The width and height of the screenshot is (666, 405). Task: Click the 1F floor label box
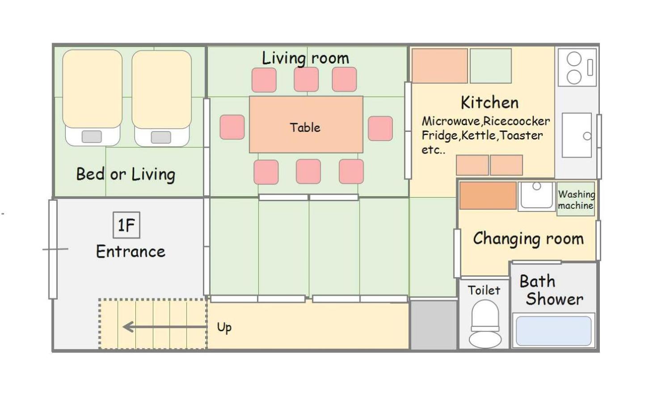(x=126, y=225)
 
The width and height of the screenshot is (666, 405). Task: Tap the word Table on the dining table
(x=305, y=127)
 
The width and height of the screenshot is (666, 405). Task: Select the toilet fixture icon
(x=485, y=324)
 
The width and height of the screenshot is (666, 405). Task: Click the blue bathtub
(x=554, y=331)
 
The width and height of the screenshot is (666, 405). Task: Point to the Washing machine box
(x=576, y=199)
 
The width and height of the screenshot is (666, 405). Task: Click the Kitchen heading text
(x=490, y=102)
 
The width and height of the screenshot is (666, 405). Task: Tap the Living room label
(x=305, y=58)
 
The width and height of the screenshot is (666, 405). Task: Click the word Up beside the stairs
(x=224, y=328)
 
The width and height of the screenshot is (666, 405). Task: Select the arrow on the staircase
(x=165, y=327)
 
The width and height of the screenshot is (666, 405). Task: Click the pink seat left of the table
(x=232, y=127)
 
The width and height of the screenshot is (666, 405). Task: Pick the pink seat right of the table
(x=380, y=128)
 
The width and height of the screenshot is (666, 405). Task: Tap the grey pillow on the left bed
(x=92, y=137)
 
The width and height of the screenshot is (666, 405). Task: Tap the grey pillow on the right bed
(x=161, y=137)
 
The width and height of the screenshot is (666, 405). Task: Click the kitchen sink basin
(x=577, y=135)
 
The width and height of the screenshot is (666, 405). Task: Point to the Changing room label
(x=528, y=239)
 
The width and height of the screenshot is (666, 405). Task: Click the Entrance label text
(x=131, y=252)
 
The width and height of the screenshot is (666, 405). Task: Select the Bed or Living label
(x=126, y=174)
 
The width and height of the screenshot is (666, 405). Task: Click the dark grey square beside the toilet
(x=434, y=325)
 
